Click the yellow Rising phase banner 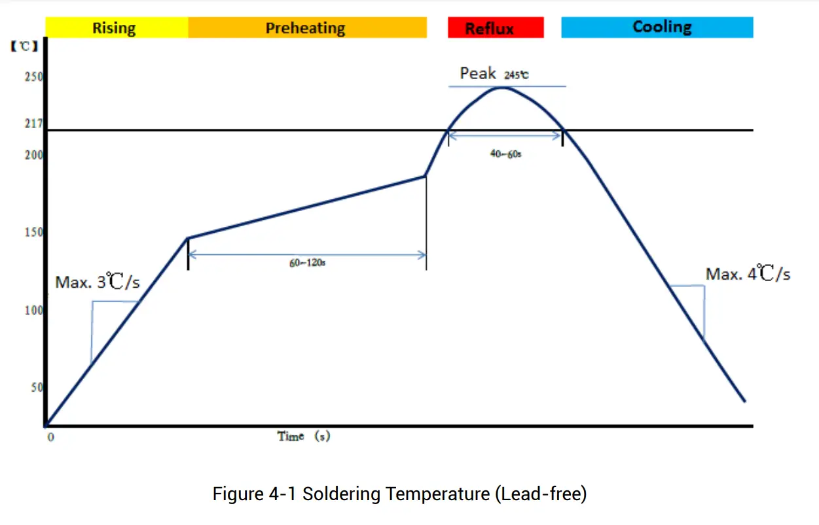click(x=117, y=28)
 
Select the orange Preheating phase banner click(x=306, y=28)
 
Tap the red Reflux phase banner click(x=496, y=28)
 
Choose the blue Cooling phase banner click(x=657, y=27)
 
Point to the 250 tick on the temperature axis click(x=34, y=77)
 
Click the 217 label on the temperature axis click(x=34, y=124)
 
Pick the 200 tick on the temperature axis click(x=34, y=155)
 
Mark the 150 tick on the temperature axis click(x=34, y=233)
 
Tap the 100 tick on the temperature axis click(x=34, y=311)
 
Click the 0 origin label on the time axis click(x=50, y=437)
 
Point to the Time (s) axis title click(x=303, y=437)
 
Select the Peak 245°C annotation click(x=494, y=74)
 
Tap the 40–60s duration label click(x=505, y=155)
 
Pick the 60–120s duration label click(x=308, y=263)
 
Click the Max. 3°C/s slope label click(x=98, y=282)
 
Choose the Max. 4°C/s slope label click(x=748, y=275)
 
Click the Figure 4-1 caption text click(x=399, y=494)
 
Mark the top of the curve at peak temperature click(x=501, y=88)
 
